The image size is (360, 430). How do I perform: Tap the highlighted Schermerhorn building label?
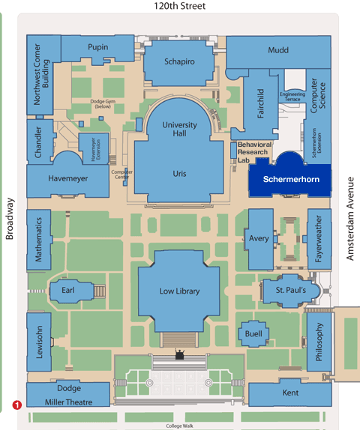(x=290, y=180)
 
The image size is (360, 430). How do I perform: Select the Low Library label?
(x=180, y=291)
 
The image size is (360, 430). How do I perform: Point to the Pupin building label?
(x=97, y=47)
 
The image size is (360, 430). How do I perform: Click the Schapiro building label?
(x=180, y=61)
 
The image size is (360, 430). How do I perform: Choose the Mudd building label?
(x=277, y=50)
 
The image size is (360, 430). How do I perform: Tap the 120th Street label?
(x=179, y=7)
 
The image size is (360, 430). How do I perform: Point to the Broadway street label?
(x=10, y=219)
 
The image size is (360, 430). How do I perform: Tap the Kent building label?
(x=290, y=393)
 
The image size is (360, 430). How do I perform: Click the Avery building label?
(x=259, y=239)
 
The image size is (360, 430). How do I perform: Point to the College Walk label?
(x=179, y=426)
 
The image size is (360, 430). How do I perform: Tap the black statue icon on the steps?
(x=180, y=353)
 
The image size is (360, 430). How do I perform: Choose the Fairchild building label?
(x=260, y=104)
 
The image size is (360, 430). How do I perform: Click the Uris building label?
(x=180, y=173)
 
